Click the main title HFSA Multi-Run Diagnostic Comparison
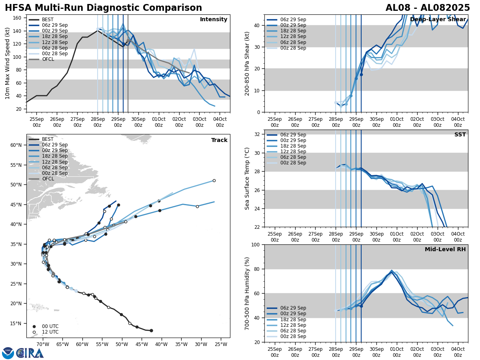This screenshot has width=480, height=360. [103, 8]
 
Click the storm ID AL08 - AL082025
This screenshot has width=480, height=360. [428, 8]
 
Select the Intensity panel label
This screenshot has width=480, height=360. [214, 20]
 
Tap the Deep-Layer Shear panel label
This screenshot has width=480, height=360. [438, 20]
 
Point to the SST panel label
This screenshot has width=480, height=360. [460, 135]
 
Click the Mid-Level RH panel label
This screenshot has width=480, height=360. [445, 250]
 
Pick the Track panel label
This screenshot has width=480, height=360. [219, 140]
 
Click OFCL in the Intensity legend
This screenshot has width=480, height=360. [48, 59]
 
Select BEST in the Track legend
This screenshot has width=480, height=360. [48, 139]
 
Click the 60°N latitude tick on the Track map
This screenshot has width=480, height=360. [16, 145]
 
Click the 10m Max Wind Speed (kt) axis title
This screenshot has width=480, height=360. [8, 64]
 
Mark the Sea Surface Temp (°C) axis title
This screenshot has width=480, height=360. [247, 178]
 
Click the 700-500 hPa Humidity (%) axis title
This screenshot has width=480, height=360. [247, 293]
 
